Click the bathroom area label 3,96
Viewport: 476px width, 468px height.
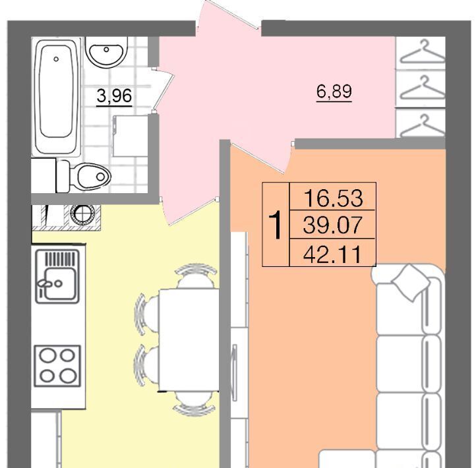114,96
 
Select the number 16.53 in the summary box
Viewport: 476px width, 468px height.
333,198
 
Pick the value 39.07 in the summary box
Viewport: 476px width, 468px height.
333,225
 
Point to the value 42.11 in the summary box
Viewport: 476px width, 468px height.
333,254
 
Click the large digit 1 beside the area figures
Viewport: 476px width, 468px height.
276,225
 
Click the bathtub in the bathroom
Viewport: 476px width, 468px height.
57,96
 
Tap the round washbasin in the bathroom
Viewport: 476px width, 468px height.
106,51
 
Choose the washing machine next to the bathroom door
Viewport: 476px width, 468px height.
130,136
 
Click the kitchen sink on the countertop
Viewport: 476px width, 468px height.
57,276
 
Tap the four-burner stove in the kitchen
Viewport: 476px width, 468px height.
57,366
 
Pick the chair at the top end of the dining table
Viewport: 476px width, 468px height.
196,276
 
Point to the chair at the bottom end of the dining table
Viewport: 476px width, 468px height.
195,403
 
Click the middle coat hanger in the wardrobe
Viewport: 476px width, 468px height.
422,88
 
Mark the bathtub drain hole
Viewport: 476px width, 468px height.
56,59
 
